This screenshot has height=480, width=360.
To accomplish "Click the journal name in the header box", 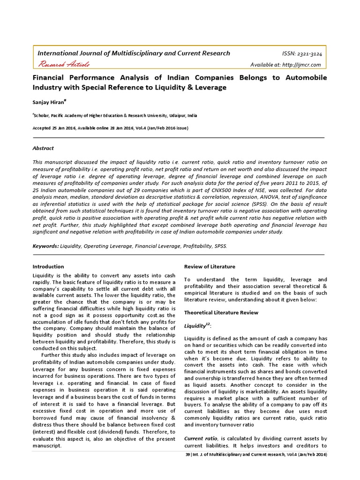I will pyautogui.click(x=134, y=53).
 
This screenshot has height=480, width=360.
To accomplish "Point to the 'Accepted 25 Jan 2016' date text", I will pyautogui.click(x=53, y=128).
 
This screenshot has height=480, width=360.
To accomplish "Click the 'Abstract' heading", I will pyautogui.click(x=43, y=148).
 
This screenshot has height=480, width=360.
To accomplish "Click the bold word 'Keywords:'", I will pyautogui.click(x=45, y=246).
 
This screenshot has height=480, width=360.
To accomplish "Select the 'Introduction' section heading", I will pyautogui.click(x=48, y=267).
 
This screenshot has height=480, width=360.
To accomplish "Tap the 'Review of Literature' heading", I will pyautogui.click(x=210, y=267).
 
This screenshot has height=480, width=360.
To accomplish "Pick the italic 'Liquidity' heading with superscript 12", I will pyautogui.click(x=195, y=326).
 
